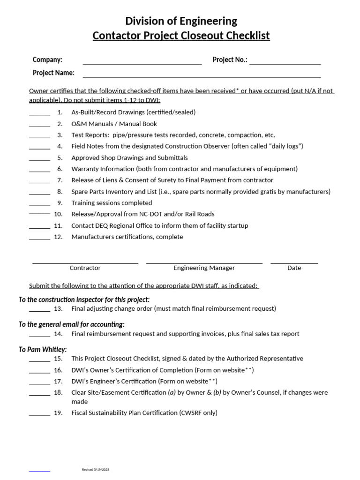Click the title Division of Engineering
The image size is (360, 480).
[181, 21]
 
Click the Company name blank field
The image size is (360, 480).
[142, 61]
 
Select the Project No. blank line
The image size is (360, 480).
[285, 61]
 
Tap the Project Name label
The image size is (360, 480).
[53, 73]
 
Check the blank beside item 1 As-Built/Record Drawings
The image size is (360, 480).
[39, 113]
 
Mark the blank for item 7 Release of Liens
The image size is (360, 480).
[39, 181]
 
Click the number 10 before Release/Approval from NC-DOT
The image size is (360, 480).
[58, 214]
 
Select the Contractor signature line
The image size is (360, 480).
[85, 262]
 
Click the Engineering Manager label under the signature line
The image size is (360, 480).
[204, 268]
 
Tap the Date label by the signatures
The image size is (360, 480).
[294, 268]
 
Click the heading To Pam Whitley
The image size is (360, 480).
[43, 349]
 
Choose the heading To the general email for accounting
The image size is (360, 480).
[71, 324]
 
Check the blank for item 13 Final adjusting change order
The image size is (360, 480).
[39, 310]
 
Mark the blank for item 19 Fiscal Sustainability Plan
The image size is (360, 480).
[39, 414]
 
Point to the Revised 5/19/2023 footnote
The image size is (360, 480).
[96, 469]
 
